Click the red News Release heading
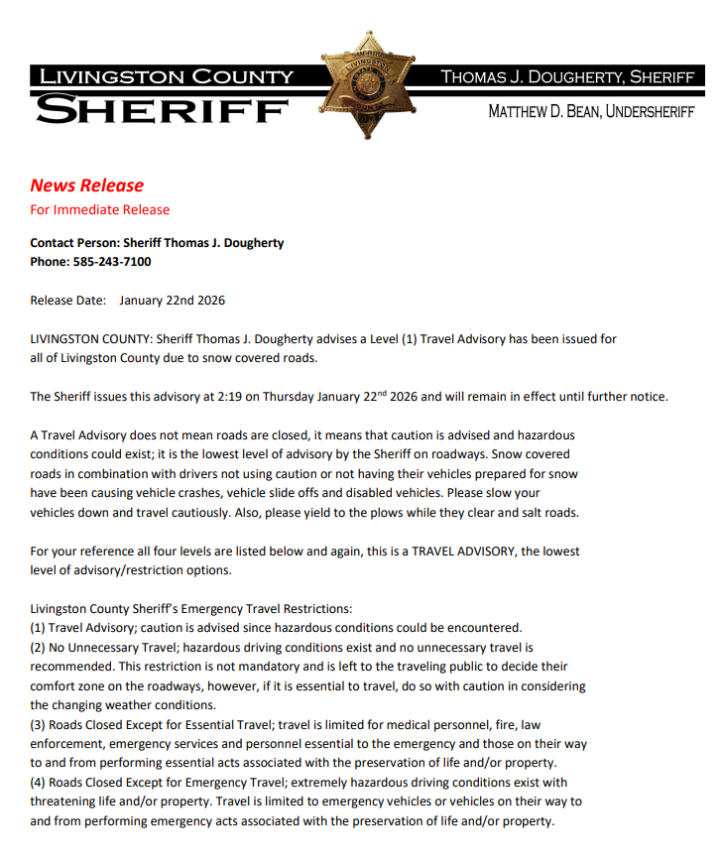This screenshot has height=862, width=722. [86, 185]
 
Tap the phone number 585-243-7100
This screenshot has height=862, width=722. [112, 262]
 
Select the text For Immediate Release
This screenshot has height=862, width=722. [99, 209]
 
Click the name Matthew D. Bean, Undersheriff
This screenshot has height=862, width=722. [591, 112]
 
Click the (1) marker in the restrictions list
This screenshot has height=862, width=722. [39, 627]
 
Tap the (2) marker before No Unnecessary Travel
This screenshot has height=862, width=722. [39, 647]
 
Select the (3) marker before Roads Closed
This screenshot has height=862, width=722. [39, 724]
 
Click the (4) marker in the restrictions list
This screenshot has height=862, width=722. [39, 783]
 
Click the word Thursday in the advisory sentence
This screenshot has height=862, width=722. [287, 397]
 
